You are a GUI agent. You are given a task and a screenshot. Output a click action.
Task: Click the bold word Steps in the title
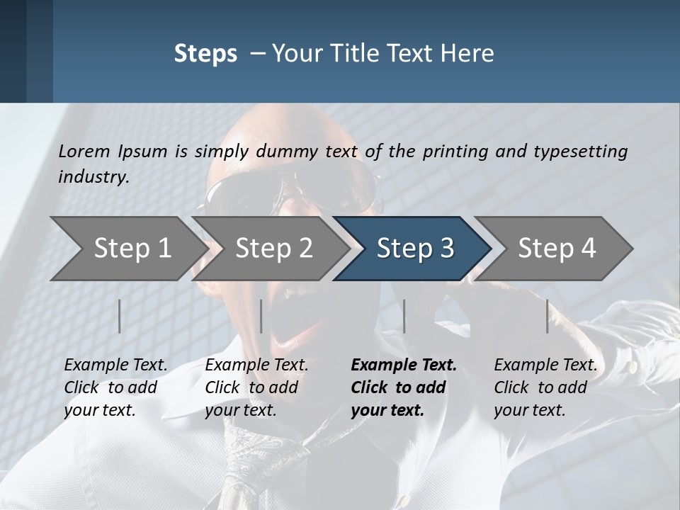tap(205, 54)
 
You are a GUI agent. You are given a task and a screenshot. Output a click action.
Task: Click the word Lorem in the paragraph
tap(84, 151)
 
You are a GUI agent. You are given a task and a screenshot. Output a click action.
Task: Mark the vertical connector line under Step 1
tap(120, 316)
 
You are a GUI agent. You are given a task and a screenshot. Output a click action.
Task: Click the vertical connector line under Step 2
tap(261, 316)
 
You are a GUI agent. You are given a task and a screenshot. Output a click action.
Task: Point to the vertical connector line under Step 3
tap(404, 316)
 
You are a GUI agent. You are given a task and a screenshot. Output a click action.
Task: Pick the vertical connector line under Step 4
tap(547, 316)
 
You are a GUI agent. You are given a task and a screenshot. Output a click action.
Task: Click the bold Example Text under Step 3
tap(404, 365)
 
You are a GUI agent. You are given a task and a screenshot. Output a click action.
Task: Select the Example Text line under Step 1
tap(116, 365)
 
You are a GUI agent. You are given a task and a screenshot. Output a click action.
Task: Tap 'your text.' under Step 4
tap(530, 410)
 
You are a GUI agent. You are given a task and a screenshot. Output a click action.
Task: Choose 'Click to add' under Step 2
tap(251, 387)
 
